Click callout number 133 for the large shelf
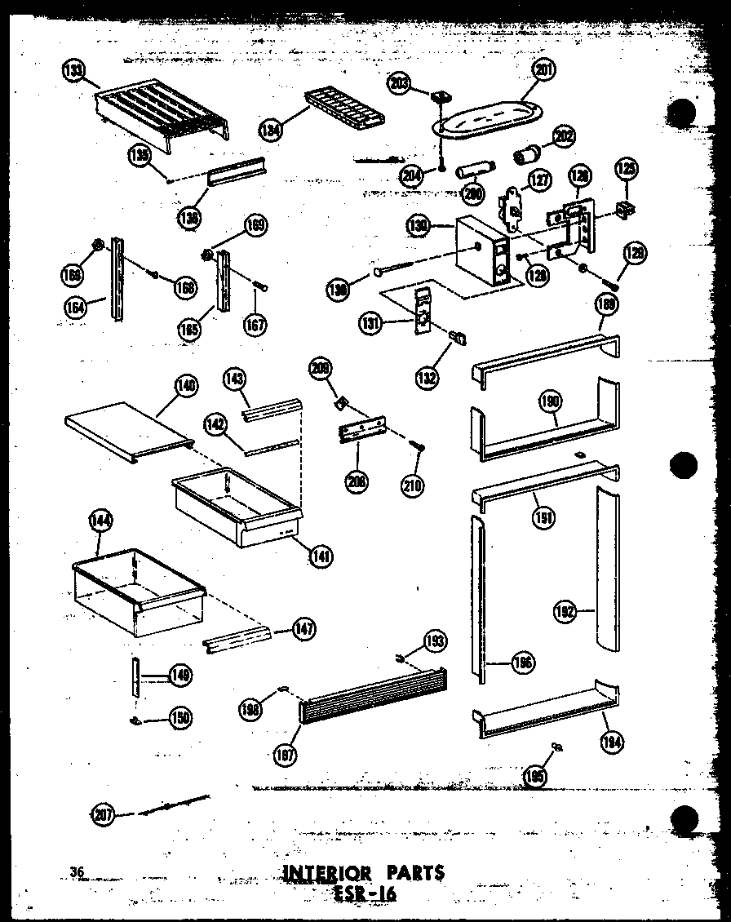coord(73,71)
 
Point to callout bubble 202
coord(562,136)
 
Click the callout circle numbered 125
coord(627,170)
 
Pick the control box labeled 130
coord(481,253)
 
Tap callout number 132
coord(427,378)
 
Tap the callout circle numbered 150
coord(181,717)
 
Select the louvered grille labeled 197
coord(373,698)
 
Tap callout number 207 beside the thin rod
coord(102,813)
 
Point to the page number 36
coord(78,872)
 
